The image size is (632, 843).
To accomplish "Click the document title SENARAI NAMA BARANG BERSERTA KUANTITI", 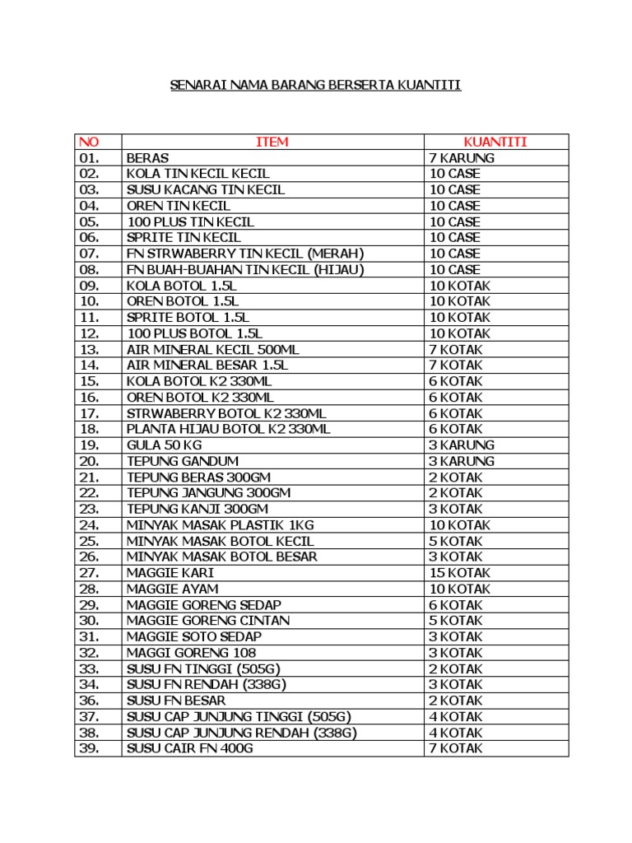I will (315, 85).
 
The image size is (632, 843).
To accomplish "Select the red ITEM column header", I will (272, 142).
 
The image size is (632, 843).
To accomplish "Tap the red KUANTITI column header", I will (495, 142).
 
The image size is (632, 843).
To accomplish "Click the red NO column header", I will (88, 142).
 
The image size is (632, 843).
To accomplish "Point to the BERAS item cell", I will (148, 158).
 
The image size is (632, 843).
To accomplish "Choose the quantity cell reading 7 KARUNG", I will (462, 158).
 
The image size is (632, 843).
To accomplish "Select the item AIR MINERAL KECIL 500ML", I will (213, 350).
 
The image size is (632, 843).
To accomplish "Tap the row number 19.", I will (90, 445).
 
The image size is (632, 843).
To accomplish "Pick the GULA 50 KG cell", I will (165, 445).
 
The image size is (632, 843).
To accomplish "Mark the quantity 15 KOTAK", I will (460, 573).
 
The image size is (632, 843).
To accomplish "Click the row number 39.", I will (90, 748).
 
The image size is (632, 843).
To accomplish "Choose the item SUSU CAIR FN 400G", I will (190, 748).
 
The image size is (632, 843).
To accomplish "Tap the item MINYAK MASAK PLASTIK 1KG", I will (221, 525).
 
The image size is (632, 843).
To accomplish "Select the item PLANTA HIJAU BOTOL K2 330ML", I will (229, 429).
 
